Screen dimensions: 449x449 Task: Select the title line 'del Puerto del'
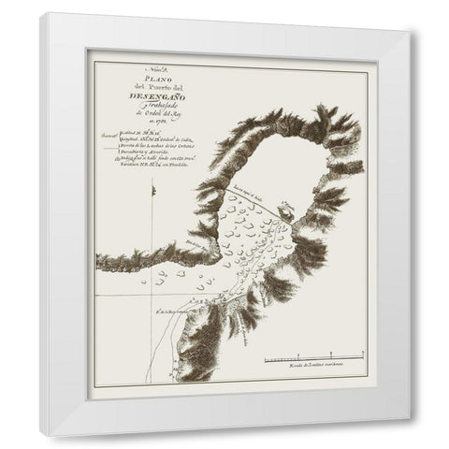coord(152,88)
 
